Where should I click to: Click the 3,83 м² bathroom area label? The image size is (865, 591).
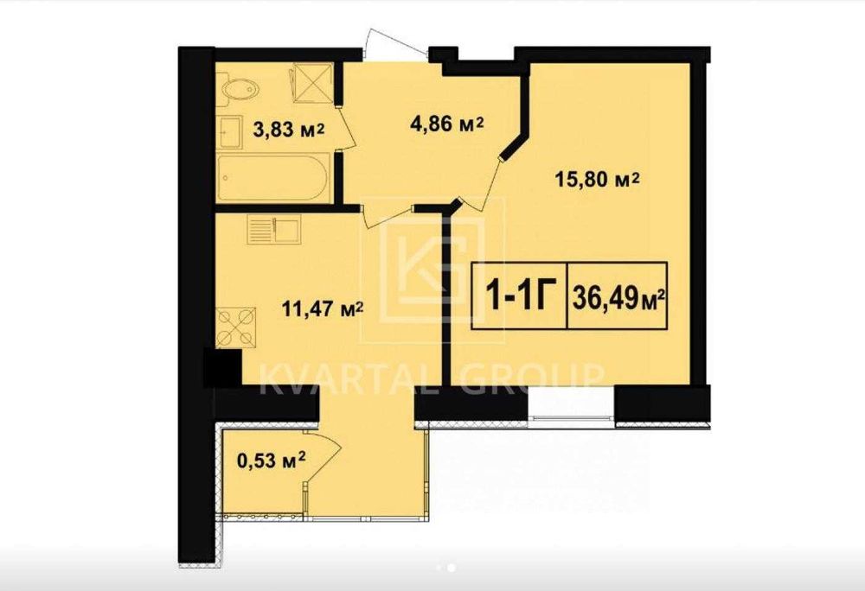289,130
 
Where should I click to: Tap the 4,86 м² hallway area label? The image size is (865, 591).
447,124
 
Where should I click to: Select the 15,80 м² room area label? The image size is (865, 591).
598,179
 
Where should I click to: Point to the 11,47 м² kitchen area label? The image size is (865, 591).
322,309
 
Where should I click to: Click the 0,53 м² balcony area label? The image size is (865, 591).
272,459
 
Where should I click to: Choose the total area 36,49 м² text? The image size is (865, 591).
618,298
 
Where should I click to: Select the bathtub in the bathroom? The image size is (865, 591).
274,177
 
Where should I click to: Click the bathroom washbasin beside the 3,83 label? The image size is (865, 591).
231,131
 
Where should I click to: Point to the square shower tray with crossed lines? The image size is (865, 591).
313,83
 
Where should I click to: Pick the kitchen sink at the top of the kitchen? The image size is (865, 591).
274,229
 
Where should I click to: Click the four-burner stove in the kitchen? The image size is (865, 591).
235,327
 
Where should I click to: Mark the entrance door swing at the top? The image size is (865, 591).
395,43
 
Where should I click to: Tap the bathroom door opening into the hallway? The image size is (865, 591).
347,127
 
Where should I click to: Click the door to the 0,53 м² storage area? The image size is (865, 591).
322,458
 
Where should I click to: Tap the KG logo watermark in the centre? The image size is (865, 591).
432,270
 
